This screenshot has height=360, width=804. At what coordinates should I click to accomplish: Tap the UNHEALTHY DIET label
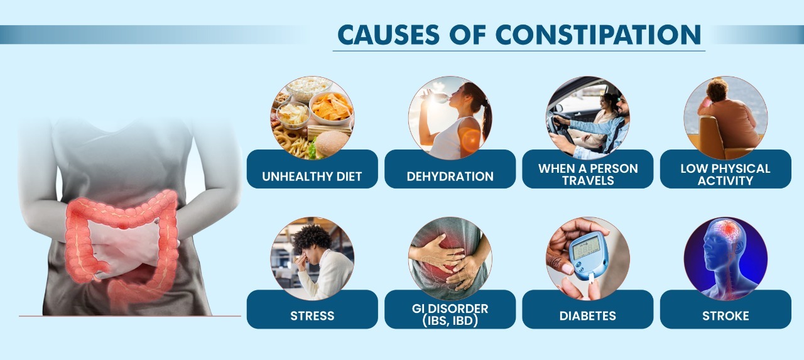(x=312, y=176)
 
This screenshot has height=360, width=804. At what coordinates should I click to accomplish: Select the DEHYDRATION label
(x=450, y=176)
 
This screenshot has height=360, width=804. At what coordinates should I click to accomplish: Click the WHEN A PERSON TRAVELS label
(x=587, y=174)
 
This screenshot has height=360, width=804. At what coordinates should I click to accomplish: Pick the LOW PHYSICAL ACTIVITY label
(x=725, y=174)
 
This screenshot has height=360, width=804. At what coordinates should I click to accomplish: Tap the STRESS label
(x=312, y=315)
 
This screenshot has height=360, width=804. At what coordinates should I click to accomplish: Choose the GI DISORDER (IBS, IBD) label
(x=450, y=314)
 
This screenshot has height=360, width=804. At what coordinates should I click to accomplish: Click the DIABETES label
(x=587, y=315)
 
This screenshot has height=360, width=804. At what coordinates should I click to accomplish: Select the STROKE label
(x=725, y=315)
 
